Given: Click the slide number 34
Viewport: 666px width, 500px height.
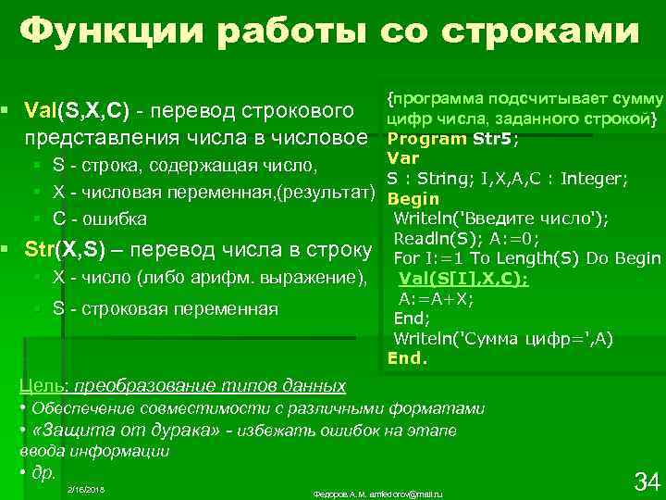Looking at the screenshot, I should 645,481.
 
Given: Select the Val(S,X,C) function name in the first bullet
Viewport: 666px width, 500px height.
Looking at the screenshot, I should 78,112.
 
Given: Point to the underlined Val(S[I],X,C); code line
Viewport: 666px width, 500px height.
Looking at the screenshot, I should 463,279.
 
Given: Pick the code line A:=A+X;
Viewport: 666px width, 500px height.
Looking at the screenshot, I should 437,298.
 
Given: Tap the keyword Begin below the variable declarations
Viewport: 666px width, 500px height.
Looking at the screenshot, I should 413,199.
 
